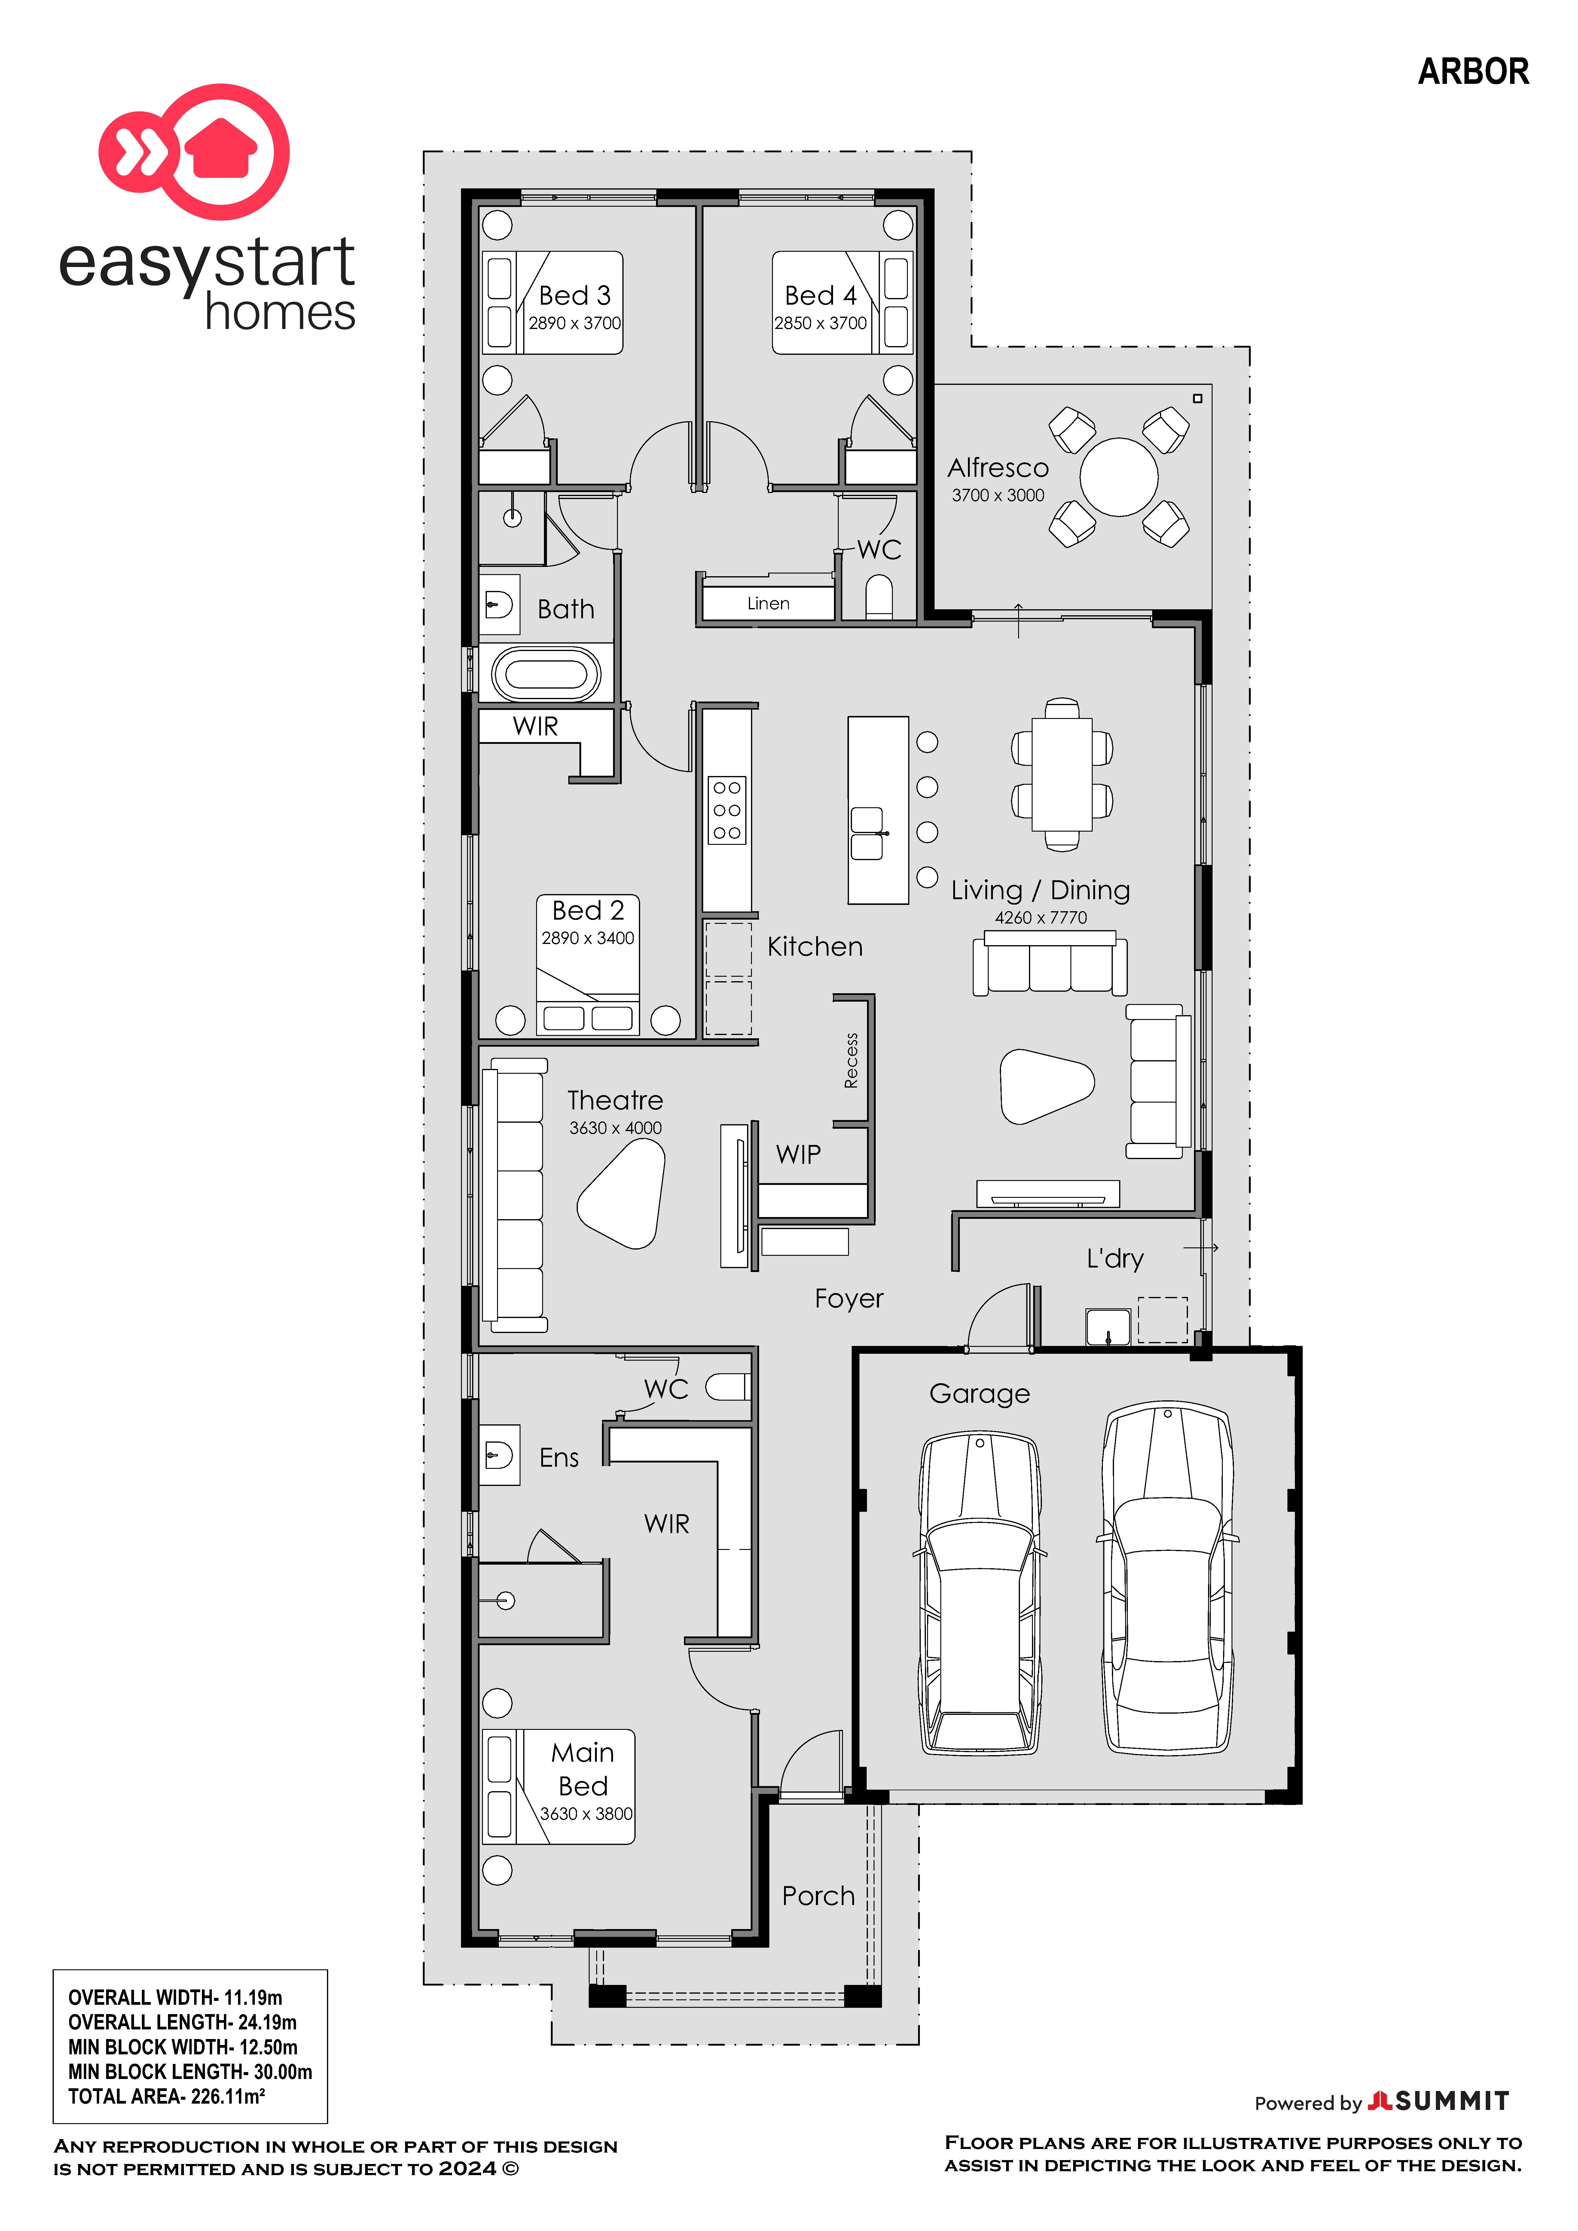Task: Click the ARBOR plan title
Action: pyautogui.click(x=1473, y=71)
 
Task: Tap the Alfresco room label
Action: pyautogui.click(x=998, y=467)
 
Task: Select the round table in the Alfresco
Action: pyautogui.click(x=1119, y=477)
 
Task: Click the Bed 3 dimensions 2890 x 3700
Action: pyautogui.click(x=574, y=323)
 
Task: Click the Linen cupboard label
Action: pyautogui.click(x=768, y=604)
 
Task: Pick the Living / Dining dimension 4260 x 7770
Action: pyautogui.click(x=1041, y=917)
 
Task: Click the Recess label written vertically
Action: pyautogui.click(x=851, y=1060)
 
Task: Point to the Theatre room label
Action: pyautogui.click(x=615, y=1100)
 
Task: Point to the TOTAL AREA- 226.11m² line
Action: pyautogui.click(x=166, y=2096)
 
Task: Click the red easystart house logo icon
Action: pyautogui.click(x=194, y=152)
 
